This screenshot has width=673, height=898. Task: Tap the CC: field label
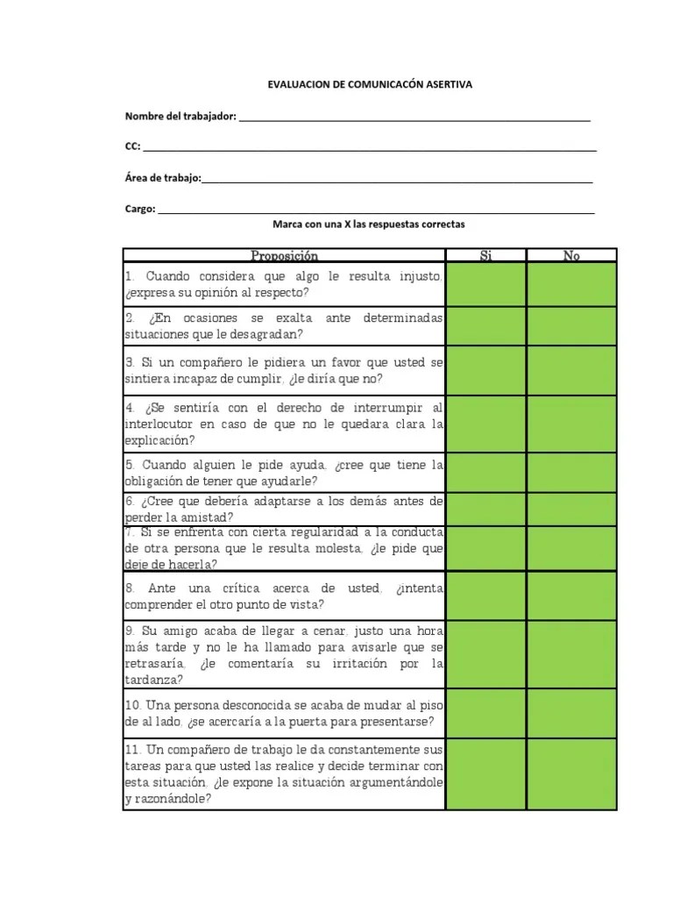[132, 147]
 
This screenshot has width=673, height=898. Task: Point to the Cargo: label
[140, 209]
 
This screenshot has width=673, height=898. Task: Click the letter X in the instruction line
[347, 224]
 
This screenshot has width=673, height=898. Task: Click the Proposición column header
[284, 255]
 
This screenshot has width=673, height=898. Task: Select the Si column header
[486, 255]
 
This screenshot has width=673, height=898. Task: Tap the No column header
[571, 255]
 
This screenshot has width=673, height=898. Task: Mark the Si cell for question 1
[486, 284]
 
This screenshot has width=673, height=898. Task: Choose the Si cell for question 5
[486, 472]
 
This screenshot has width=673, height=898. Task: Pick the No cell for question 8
[571, 595]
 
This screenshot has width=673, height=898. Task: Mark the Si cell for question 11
[486, 773]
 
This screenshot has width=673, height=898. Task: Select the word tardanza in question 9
[154, 680]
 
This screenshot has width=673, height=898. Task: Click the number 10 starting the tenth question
[132, 705]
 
